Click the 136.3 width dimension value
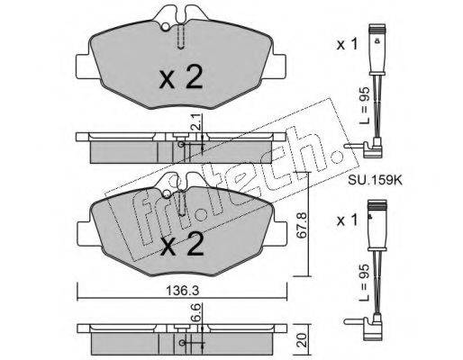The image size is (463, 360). pyautogui.click(x=182, y=290)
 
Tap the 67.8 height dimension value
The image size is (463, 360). pyautogui.click(x=302, y=225)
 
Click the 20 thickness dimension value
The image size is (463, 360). pyautogui.click(x=302, y=340)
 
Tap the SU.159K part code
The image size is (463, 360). pyautogui.click(x=375, y=180)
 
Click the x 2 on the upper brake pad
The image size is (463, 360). pyautogui.click(x=181, y=77)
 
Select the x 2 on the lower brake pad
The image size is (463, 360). pyautogui.click(x=182, y=244)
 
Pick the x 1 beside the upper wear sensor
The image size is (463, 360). pyautogui.click(x=347, y=45)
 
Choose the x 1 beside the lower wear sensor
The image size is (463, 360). pyautogui.click(x=347, y=220)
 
